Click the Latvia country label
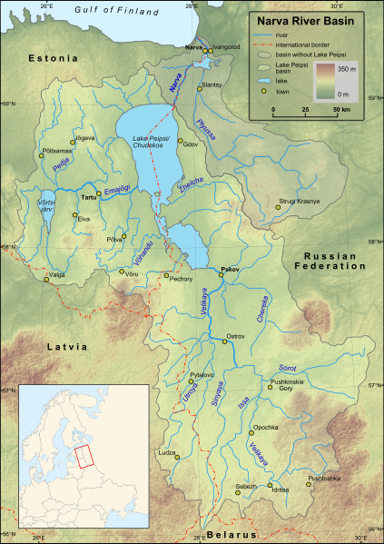point(68,346)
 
